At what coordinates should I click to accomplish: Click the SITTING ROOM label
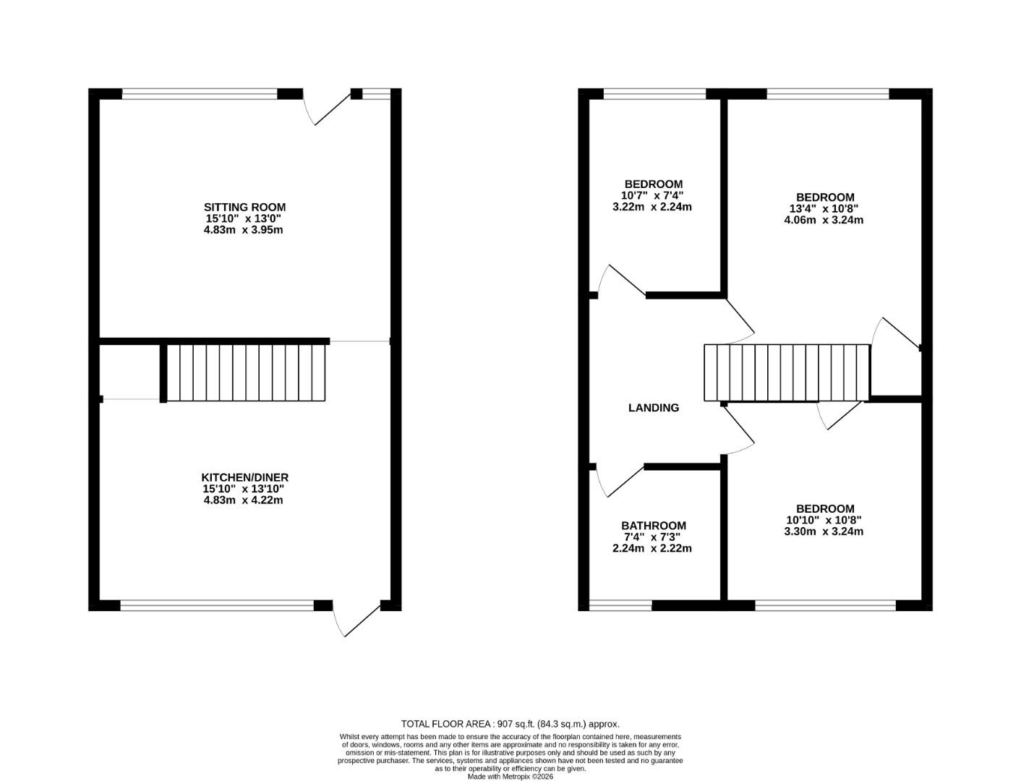pyautogui.click(x=244, y=208)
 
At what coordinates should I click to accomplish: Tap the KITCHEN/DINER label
pyautogui.click(x=244, y=477)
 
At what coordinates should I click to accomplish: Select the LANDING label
pyautogui.click(x=654, y=408)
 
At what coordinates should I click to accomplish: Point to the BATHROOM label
pyautogui.click(x=654, y=526)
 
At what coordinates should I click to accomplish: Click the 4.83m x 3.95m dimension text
pyautogui.click(x=243, y=230)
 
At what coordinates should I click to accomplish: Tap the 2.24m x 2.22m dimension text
pyautogui.click(x=652, y=548)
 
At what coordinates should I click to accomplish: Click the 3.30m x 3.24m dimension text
pyautogui.click(x=824, y=531)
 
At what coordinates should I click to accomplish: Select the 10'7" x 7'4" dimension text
pyautogui.click(x=652, y=195)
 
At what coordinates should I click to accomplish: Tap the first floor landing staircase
pyautogui.click(x=787, y=372)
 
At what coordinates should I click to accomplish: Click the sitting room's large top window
pyautogui.click(x=200, y=93)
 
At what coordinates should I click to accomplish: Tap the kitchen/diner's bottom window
pyautogui.click(x=217, y=605)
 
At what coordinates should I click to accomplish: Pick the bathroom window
pyautogui.click(x=621, y=605)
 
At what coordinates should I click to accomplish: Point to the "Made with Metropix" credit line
pyautogui.click(x=510, y=777)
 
